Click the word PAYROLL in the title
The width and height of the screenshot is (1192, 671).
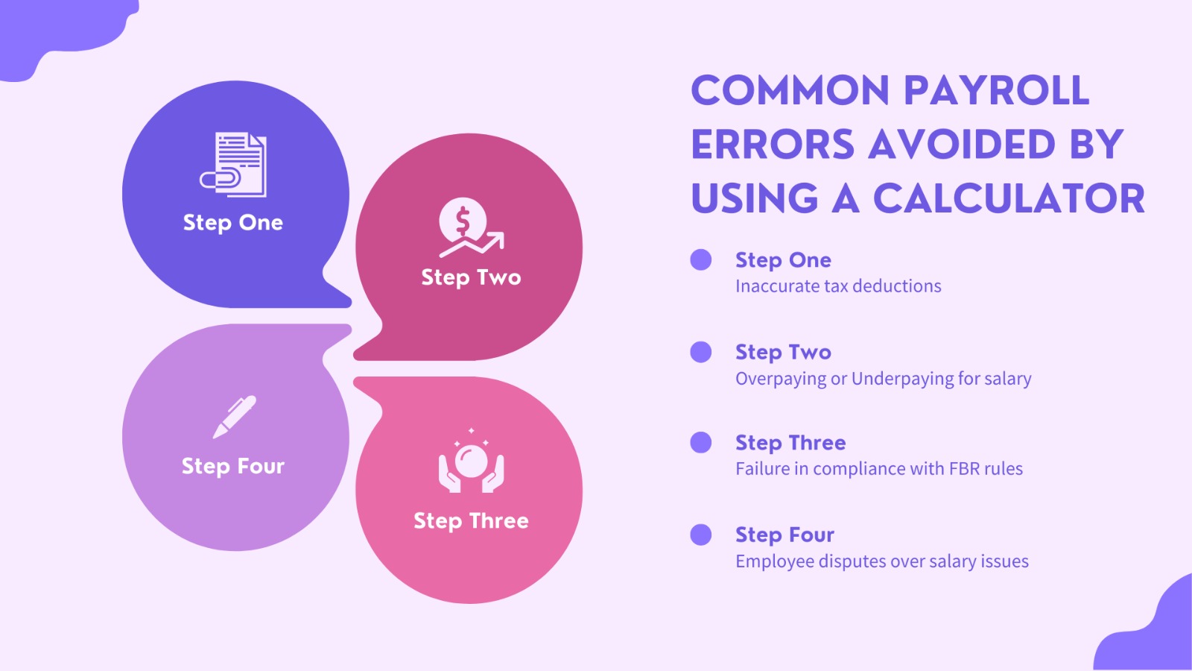(996, 91)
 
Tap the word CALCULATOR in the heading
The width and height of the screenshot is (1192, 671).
(1009, 199)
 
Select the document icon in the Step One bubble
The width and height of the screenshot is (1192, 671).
(235, 165)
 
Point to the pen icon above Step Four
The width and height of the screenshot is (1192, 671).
(234, 416)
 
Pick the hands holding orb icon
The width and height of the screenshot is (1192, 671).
(471, 463)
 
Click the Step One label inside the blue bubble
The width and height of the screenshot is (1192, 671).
(233, 223)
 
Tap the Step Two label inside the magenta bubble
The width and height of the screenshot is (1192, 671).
(471, 277)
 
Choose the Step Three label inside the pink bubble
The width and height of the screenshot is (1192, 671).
(471, 520)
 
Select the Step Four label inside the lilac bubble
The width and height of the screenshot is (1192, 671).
(233, 466)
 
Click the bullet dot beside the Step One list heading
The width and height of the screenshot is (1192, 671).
(701, 259)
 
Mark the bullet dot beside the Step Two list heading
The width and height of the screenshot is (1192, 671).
(701, 352)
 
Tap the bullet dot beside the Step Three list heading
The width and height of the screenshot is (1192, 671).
(701, 443)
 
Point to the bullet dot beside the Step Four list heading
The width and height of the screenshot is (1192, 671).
(701, 535)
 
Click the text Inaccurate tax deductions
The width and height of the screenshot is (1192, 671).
(838, 286)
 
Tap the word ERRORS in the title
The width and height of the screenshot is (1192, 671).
(773, 145)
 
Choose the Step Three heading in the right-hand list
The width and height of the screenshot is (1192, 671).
(790, 443)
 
